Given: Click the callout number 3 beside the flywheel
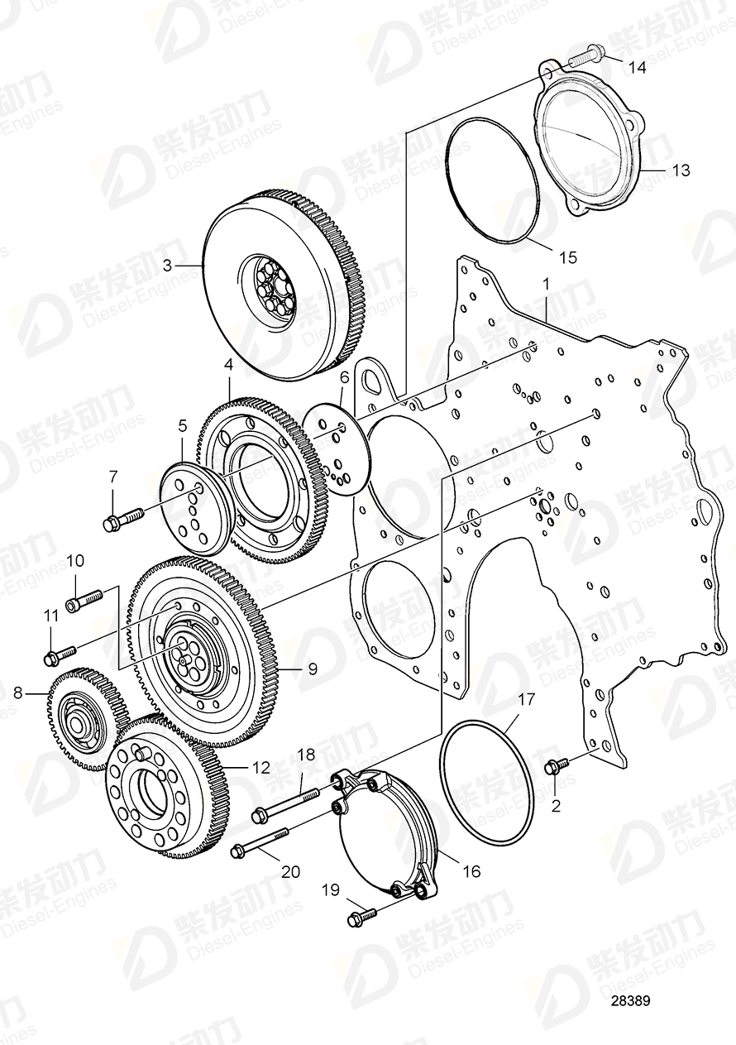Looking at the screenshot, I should (167, 266).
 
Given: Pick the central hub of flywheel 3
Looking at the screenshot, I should (272, 290).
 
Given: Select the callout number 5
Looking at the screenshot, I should (183, 428).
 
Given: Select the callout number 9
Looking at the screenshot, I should (312, 668).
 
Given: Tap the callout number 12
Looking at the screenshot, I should (260, 768).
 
